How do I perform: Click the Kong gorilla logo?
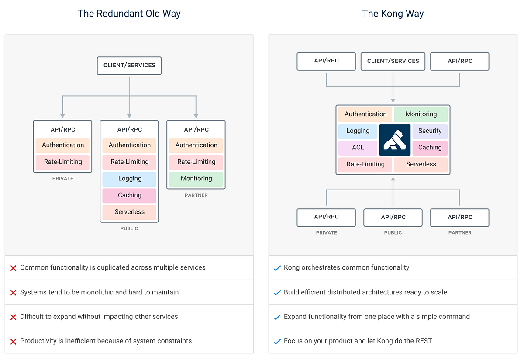point(395,140)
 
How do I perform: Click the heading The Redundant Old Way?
point(129,14)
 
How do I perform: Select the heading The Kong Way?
point(393,14)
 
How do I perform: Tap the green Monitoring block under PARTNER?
point(196,179)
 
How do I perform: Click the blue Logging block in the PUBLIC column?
point(129,179)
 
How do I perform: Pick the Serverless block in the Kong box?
point(421,164)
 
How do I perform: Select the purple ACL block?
point(358,148)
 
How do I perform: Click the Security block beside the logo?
point(430,131)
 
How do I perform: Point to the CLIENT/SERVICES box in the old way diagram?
point(129,65)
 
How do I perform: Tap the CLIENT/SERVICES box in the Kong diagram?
point(393,61)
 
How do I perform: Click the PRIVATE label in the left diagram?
point(63,179)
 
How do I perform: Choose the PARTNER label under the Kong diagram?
point(460,233)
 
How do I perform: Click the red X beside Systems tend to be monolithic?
point(13,293)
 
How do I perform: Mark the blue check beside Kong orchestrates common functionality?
point(277,268)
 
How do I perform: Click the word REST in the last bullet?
point(423,341)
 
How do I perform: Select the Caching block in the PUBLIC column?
point(129,195)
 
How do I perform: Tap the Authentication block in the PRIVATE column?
point(63,145)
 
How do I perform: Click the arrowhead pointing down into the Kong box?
point(393,100)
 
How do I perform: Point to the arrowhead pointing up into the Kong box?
point(393,179)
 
